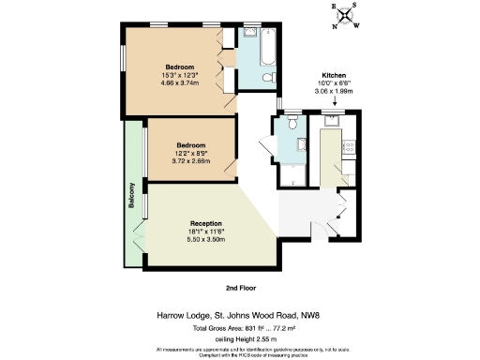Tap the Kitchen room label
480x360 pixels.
click(335, 74)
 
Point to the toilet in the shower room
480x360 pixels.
click(292, 124)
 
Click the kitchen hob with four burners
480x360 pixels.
click(349, 146)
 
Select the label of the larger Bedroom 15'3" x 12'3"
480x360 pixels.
click(180, 67)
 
